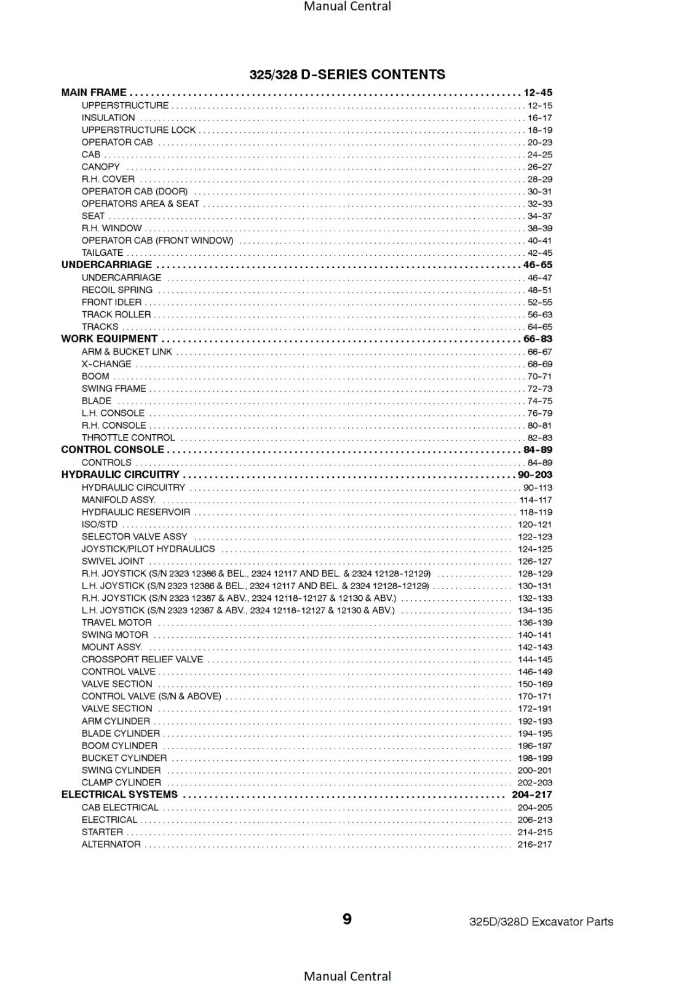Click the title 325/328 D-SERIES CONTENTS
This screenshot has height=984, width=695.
click(347, 74)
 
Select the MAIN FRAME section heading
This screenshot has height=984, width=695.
click(93, 93)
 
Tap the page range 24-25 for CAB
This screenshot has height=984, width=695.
click(539, 155)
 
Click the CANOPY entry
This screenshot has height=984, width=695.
click(101, 167)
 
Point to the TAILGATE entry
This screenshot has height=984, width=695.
click(102, 253)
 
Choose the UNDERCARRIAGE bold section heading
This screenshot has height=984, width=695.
click(106, 265)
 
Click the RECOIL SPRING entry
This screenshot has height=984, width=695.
click(117, 290)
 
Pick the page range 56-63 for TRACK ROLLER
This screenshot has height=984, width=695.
click(539, 315)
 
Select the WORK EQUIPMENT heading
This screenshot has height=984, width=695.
click(109, 339)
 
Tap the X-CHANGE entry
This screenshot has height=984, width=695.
click(106, 364)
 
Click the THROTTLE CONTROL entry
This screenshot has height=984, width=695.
click(128, 438)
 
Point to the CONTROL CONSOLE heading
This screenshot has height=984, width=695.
click(113, 450)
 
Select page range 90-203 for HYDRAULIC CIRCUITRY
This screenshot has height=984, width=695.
click(534, 475)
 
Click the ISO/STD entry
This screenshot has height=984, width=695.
click(100, 525)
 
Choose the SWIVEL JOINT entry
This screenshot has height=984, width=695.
click(113, 561)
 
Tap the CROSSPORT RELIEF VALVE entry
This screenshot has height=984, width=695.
click(142, 659)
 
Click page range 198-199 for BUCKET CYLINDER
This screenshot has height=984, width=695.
click(534, 758)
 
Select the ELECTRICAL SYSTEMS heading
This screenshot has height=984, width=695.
click(119, 795)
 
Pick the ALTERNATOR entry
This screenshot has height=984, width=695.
click(111, 844)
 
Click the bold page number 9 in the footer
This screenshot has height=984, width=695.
click(347, 919)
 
